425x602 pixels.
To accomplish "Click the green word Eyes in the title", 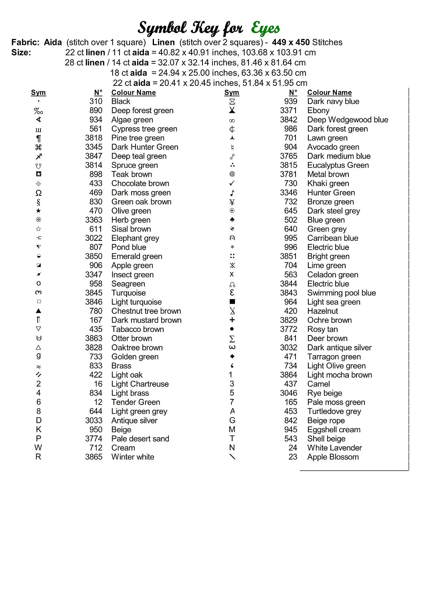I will coord(265,28).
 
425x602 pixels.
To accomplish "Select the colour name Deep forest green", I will coord(142,111).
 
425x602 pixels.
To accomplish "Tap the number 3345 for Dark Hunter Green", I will coord(93,147).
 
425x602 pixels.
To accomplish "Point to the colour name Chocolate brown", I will coord(140,184).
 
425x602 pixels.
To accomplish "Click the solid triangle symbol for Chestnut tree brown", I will coord(38,311).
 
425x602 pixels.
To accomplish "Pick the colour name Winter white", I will coord(133,457).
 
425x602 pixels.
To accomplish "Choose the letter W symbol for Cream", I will coord(38,448).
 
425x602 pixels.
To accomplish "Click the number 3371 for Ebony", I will coord(288,111).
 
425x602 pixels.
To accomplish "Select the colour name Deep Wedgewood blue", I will coord(348,120).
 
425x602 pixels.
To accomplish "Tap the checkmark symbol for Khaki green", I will coord(232,183).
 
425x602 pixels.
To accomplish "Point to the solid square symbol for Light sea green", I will coord(232,302).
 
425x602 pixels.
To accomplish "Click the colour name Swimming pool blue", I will coord(342,293).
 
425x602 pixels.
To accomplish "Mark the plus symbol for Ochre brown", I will coord(232,320).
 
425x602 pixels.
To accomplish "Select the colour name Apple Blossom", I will coord(333,457).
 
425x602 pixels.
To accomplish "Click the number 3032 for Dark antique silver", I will coord(288,348).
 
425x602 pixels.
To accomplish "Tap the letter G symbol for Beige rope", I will coord(232,421).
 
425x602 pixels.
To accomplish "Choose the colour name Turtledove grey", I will coord(334,411).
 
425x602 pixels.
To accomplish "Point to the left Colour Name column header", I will coord(134,93).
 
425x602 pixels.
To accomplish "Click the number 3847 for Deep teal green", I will coord(93,157).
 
